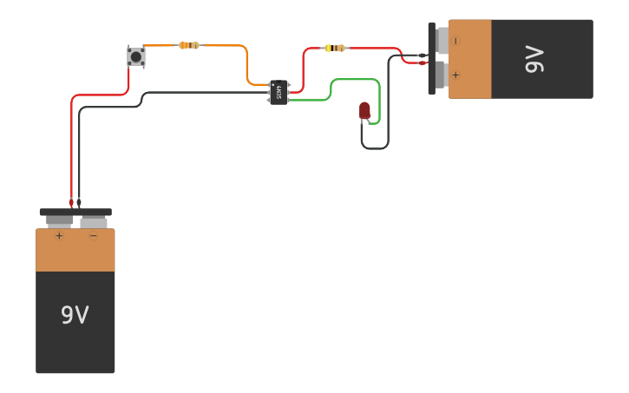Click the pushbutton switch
(136, 56)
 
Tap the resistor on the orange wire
(189, 45)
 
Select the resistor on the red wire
(335, 49)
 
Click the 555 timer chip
(278, 92)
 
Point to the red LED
(364, 110)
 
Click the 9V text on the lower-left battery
(75, 315)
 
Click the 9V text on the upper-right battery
(534, 59)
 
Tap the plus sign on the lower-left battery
(59, 236)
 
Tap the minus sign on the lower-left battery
(94, 236)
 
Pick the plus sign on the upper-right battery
(455, 75)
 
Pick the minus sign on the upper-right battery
(455, 41)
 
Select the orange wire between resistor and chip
(246, 65)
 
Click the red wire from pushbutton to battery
(95, 95)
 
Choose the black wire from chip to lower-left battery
(200, 92)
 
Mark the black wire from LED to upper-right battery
(388, 104)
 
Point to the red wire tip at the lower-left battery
(71, 203)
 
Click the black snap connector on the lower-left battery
(75, 212)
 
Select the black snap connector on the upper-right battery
(431, 58)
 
